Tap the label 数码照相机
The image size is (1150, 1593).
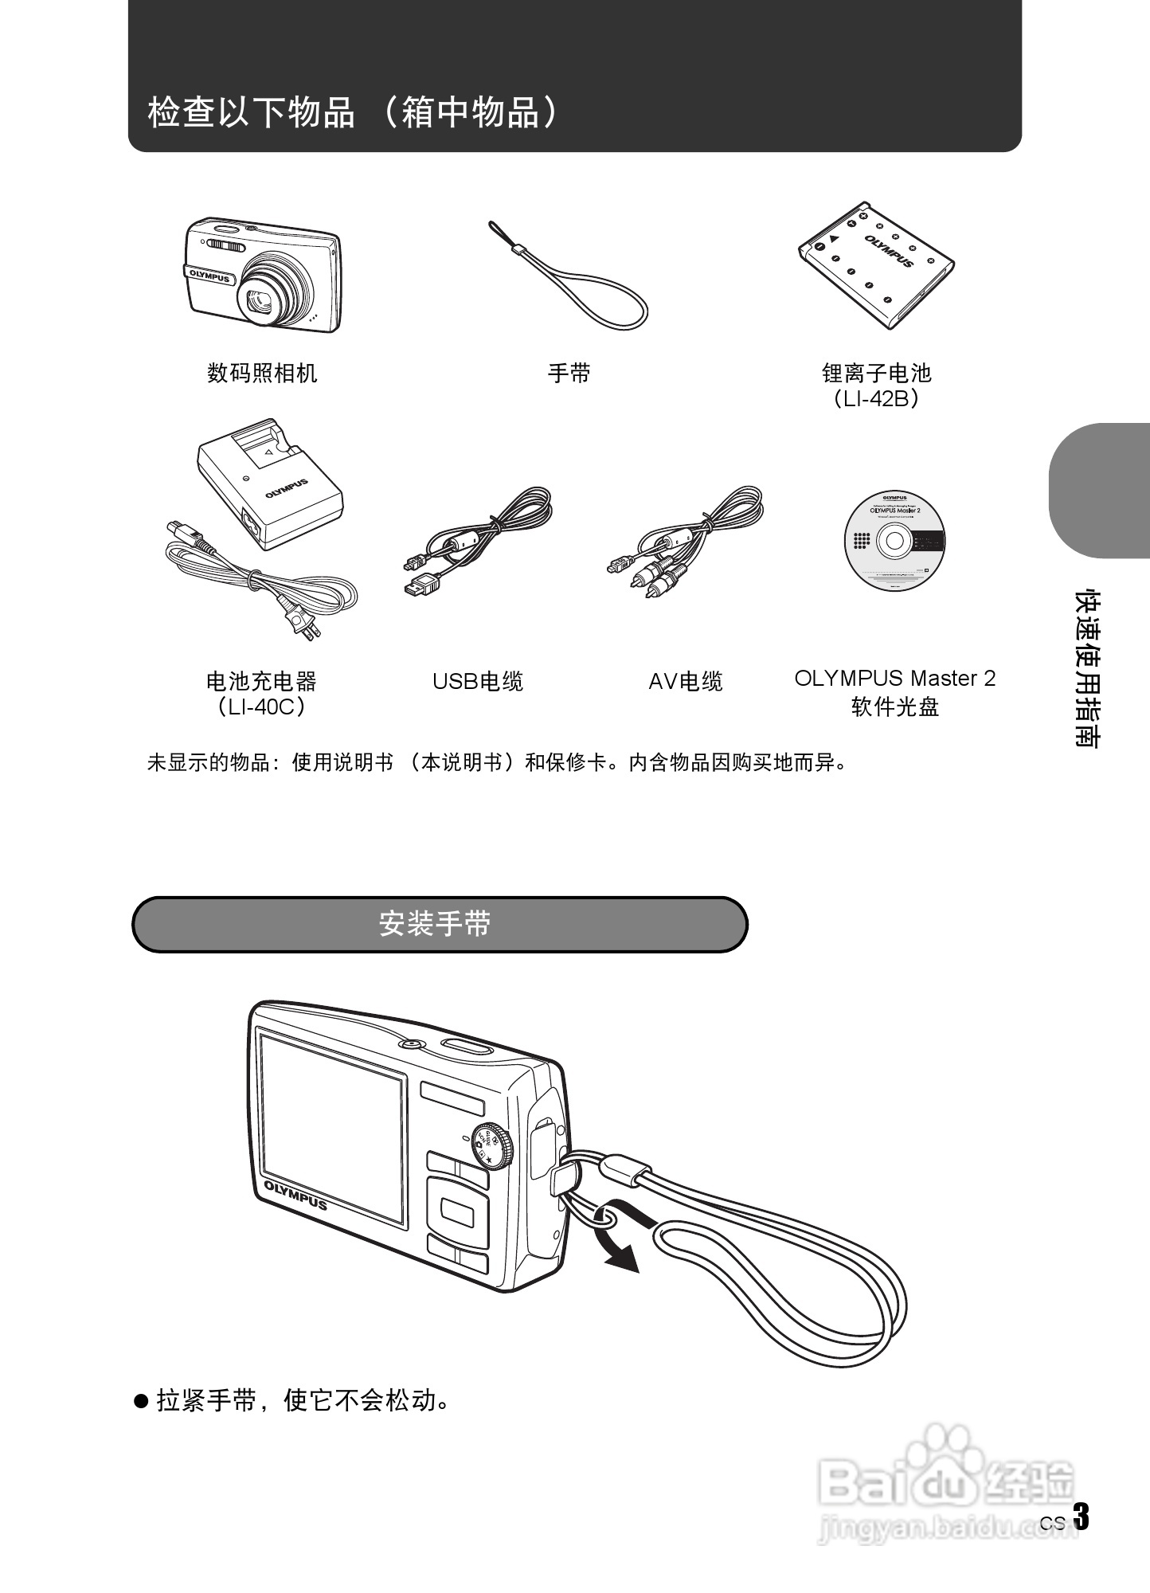click(x=262, y=373)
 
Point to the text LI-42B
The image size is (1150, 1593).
click(x=876, y=398)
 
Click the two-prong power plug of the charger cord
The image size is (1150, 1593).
click(x=306, y=624)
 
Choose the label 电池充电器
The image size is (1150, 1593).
click(x=261, y=681)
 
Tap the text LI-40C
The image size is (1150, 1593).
click(x=261, y=706)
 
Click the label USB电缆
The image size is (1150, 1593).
click(x=478, y=682)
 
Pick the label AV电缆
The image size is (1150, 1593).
click(x=686, y=682)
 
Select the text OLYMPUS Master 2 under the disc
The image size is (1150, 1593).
click(x=894, y=679)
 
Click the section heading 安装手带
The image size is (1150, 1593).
click(x=435, y=924)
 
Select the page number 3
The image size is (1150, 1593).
click(x=1081, y=1517)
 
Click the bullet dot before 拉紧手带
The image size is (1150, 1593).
click(x=142, y=1401)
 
